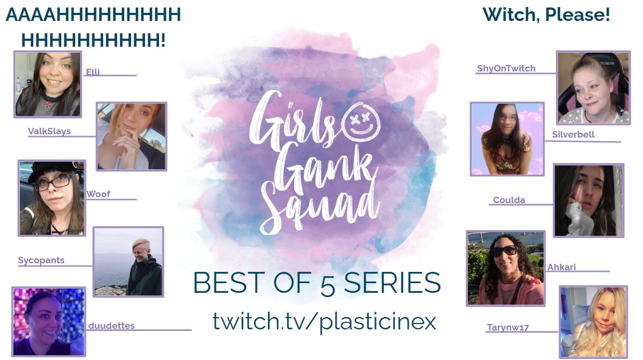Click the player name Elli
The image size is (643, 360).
[x=93, y=72]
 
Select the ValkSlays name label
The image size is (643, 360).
[x=49, y=131]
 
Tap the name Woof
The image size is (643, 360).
[x=98, y=194]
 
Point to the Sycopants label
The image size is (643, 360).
[x=41, y=260]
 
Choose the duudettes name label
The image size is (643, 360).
[x=112, y=326]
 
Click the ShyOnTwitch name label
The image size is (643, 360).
[x=506, y=68]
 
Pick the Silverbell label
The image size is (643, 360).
[x=573, y=134]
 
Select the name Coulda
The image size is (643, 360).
[x=509, y=200]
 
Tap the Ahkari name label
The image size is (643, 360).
[x=561, y=267]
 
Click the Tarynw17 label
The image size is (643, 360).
[x=508, y=327]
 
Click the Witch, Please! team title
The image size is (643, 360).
[x=546, y=15]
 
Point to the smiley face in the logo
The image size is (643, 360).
[x=360, y=120]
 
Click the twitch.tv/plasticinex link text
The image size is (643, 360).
[x=324, y=321]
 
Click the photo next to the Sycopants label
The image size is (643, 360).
[x=128, y=262]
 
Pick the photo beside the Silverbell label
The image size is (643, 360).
[x=507, y=139]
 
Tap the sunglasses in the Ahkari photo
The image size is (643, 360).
[x=503, y=251]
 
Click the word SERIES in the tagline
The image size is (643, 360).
[x=392, y=283]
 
